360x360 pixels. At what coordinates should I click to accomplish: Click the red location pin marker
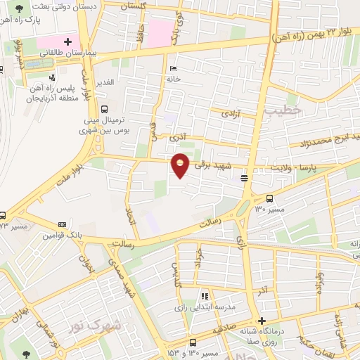[181, 166]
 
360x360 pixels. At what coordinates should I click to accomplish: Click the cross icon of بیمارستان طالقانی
[68, 41]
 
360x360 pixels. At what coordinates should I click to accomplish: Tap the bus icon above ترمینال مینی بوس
[104, 109]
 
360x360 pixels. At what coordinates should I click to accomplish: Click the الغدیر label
[105, 83]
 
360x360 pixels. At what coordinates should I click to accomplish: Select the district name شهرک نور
[95, 327]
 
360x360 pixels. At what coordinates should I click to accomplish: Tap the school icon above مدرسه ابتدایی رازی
[205, 297]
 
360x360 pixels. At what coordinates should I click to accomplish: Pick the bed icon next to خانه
[174, 69]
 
